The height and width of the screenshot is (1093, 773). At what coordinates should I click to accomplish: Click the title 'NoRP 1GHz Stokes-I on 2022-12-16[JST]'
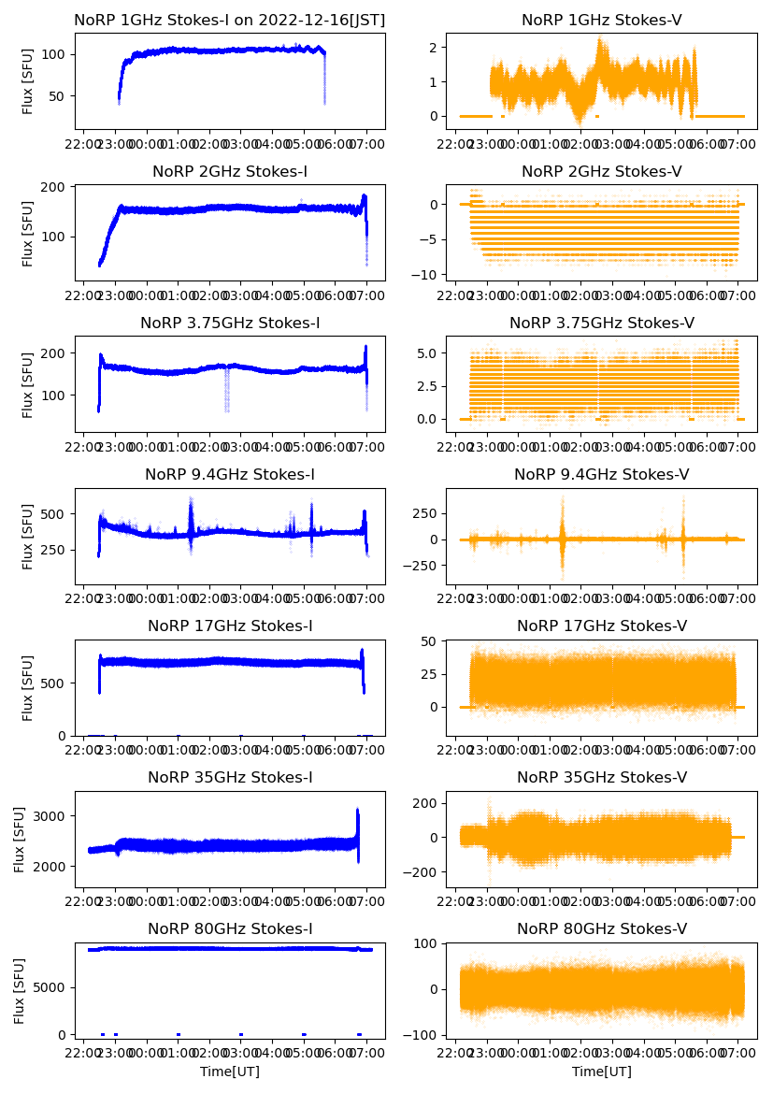click(x=230, y=20)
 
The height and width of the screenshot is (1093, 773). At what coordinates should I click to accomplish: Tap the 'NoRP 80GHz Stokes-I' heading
click(x=230, y=928)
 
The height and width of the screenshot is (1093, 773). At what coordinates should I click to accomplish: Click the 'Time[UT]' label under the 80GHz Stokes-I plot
click(x=230, y=1071)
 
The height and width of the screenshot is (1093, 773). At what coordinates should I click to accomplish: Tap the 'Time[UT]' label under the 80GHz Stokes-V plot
click(x=601, y=1071)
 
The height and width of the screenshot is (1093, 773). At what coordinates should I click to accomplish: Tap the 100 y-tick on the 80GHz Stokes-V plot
click(x=426, y=943)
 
